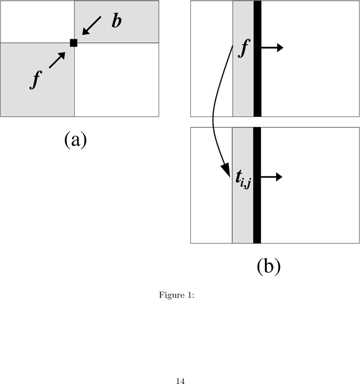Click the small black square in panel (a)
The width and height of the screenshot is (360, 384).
pos(73,43)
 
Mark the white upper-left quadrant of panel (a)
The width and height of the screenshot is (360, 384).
pos(37,21)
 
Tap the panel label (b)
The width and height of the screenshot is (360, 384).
pos(268,266)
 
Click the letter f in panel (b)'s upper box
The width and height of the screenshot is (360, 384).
pos(244,48)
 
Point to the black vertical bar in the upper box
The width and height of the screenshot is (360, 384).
pos(258,58)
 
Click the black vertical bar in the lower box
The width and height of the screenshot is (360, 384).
pos(257,186)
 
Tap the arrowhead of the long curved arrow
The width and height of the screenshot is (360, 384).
pos(226,169)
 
